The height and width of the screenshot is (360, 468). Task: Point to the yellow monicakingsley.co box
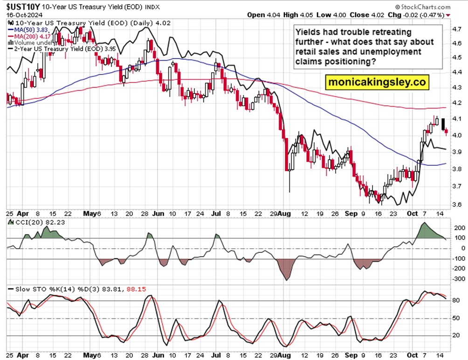click(377, 82)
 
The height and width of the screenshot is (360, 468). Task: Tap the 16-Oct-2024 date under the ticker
click(22, 15)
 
